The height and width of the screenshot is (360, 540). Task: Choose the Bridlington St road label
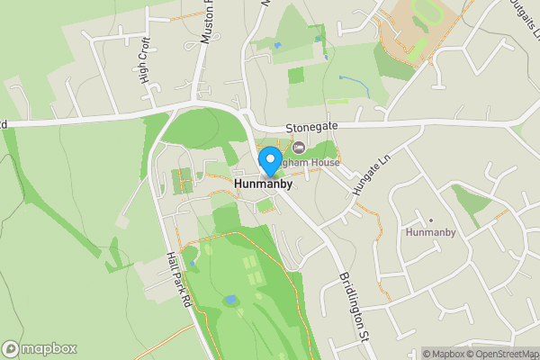pos(353,306)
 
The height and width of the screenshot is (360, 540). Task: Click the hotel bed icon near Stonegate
pos(299,148)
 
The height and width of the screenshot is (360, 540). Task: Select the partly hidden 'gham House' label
pos(310,162)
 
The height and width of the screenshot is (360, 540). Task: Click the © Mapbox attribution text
pos(442,354)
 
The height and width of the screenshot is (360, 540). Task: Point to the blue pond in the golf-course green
pos(231,299)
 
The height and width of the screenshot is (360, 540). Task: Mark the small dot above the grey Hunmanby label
pos(430,220)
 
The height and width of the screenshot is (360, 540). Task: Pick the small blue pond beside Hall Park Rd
pos(192,264)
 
